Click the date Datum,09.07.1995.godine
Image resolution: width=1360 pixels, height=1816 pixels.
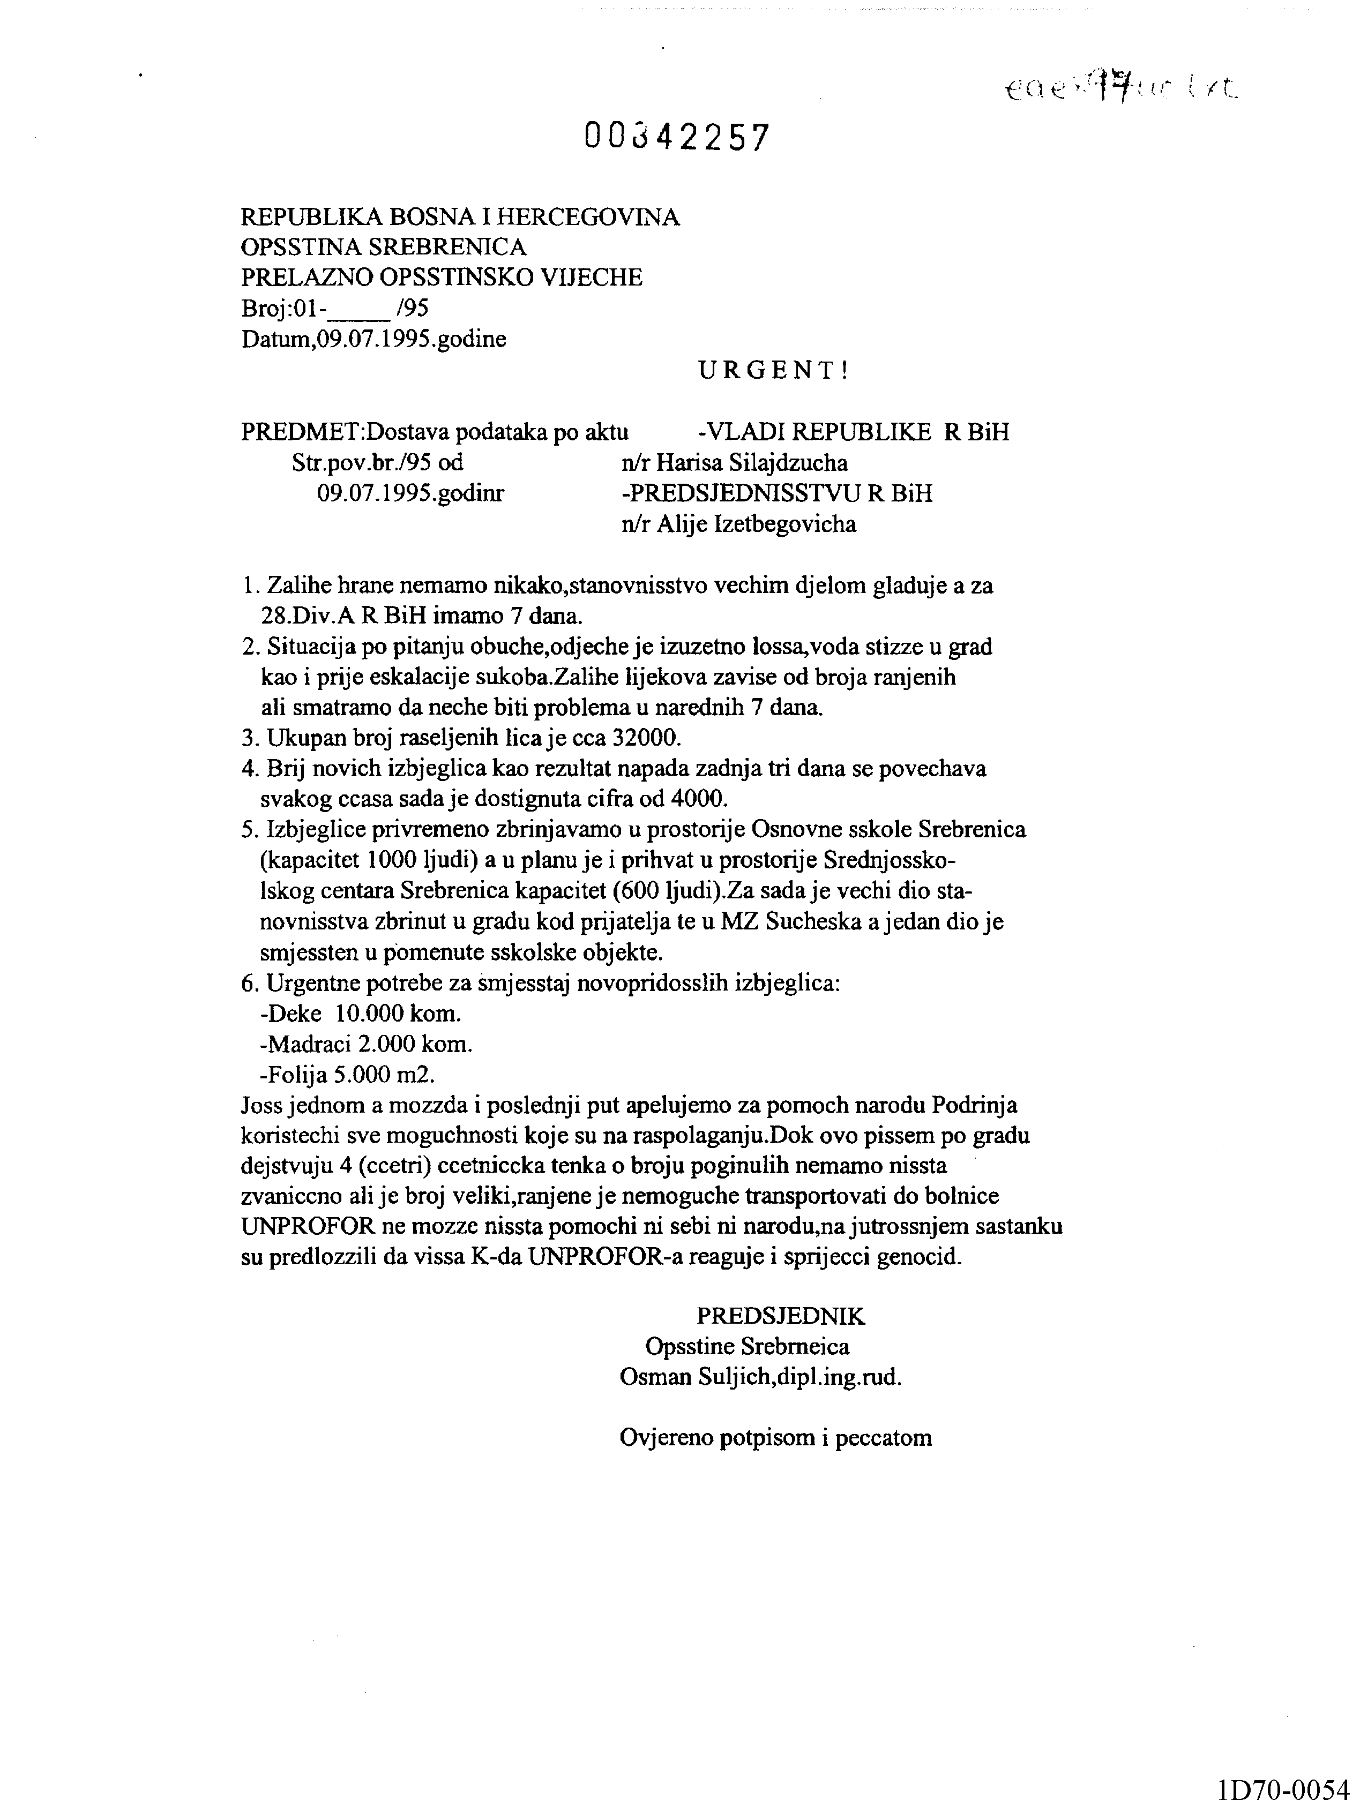click(373, 339)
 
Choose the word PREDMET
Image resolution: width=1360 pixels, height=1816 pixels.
click(300, 432)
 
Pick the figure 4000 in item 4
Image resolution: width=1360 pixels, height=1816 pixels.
click(700, 798)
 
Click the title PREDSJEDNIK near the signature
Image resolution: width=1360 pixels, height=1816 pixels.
click(780, 1316)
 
